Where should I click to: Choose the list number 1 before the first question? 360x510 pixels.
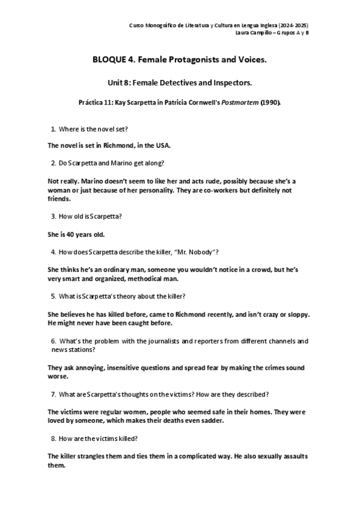pos(53,129)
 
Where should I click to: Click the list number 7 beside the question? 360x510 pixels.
pos(53,394)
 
